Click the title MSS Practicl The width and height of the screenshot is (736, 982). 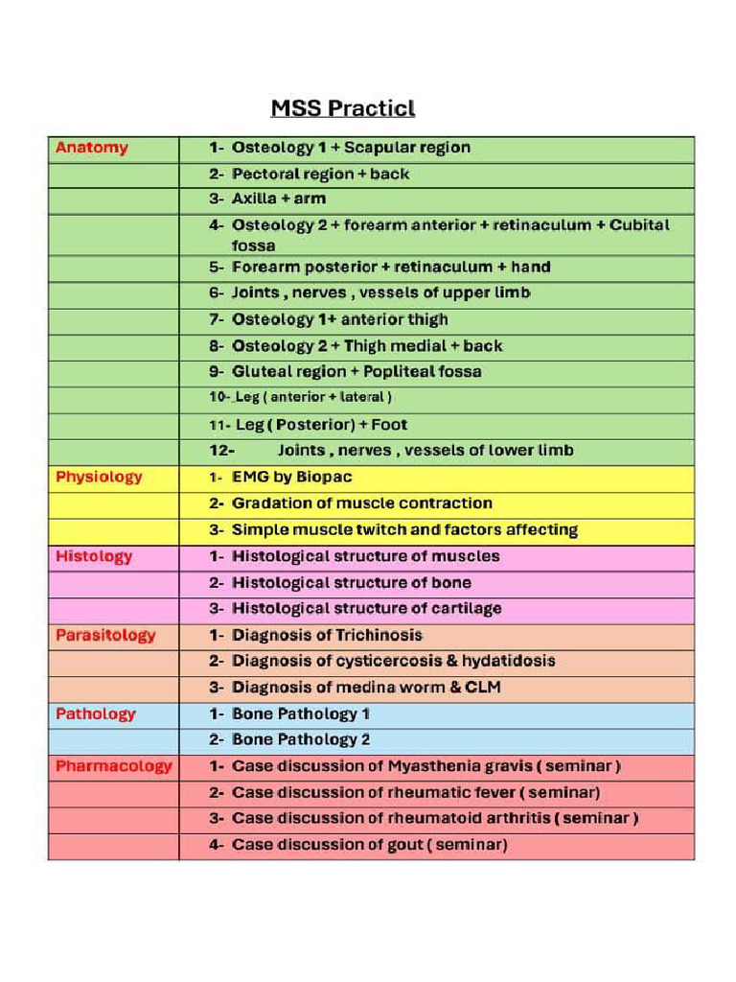click(342, 107)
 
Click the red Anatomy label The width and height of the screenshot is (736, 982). click(91, 148)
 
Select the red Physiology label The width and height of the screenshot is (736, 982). click(99, 477)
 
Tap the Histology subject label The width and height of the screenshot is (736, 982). click(94, 556)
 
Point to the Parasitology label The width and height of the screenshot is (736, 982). click(105, 635)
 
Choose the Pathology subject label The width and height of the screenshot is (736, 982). click(96, 713)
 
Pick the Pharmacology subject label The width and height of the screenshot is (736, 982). click(113, 766)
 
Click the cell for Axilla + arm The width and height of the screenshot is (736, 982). click(278, 199)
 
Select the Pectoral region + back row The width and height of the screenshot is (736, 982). click(320, 174)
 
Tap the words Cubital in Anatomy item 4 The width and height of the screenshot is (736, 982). click(638, 225)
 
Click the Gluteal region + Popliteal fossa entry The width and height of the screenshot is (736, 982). click(356, 372)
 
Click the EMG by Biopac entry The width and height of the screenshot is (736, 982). click(293, 477)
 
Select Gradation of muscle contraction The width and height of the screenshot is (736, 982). click(361, 503)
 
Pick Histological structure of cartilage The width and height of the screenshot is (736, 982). click(366, 609)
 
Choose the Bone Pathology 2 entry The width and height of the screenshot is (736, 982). click(300, 740)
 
